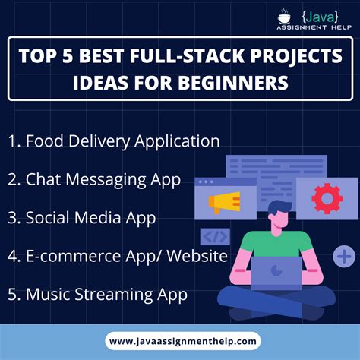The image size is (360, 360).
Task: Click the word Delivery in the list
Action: (x=101, y=142)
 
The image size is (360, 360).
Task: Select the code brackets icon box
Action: (x=214, y=236)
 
